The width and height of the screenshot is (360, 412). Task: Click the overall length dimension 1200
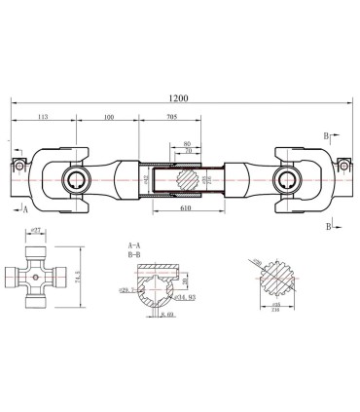[x=178, y=98]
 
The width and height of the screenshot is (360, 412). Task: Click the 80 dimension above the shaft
[x=187, y=144]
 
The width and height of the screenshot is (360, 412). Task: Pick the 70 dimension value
[x=187, y=153]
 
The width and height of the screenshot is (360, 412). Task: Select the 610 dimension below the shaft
[x=184, y=209]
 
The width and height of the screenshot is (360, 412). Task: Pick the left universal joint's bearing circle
[x=73, y=178]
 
